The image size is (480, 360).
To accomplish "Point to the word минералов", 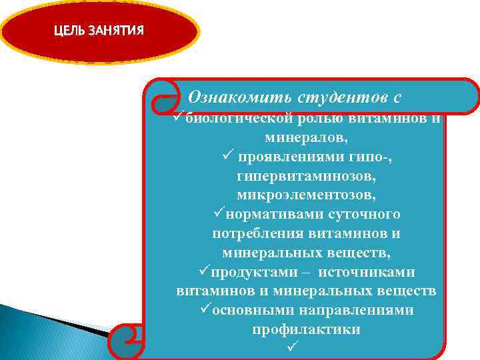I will [x=305, y=139].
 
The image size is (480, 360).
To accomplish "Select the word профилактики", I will [x=306, y=329].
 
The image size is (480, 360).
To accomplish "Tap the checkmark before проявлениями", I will [x=227, y=158].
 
